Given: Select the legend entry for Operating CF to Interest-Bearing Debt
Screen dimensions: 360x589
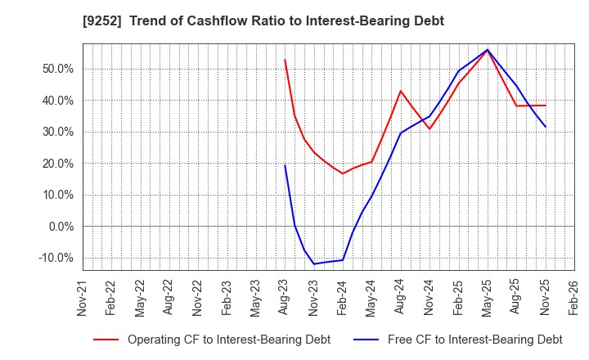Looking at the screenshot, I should [212, 340].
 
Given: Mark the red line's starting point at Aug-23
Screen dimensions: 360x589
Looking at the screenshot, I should [285, 59].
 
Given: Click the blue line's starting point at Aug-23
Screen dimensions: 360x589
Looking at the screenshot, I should [285, 165].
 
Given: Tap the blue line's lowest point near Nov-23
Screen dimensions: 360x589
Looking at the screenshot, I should [314, 263].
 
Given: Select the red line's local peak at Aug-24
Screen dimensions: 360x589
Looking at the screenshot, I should [401, 91].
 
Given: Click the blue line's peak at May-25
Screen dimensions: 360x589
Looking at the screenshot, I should [488, 49].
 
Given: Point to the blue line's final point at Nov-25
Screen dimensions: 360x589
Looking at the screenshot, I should [546, 127].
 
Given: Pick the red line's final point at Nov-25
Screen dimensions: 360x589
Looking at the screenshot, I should [546, 105].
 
